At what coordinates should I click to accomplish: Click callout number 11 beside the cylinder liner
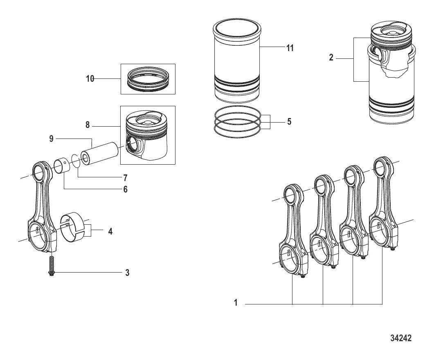pos(290,48)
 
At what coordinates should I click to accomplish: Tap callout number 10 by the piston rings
pos(90,79)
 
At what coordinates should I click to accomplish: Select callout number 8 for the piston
pos(88,125)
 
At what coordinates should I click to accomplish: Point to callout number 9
pos(51,138)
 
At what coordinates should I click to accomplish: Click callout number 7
pos(126,177)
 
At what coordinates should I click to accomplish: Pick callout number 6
pos(126,189)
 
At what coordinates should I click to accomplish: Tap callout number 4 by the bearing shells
pos(110,231)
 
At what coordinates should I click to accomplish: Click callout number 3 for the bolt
pos(127,273)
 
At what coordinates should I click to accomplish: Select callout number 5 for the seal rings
pos(289,121)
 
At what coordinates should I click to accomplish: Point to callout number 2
pos(331,58)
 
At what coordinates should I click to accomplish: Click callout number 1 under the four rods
pos(236,303)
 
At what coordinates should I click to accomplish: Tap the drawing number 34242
pos(401,338)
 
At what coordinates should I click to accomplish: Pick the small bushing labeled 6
pos(62,165)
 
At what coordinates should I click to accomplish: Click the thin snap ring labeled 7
pos(76,161)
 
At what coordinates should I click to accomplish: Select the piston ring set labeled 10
pos(148,79)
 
